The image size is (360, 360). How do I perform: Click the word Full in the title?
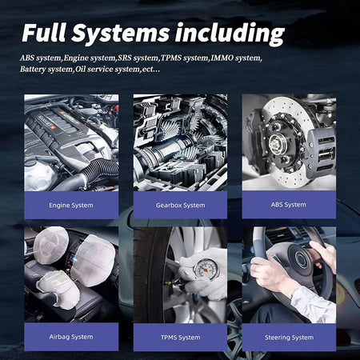[x=44, y=33]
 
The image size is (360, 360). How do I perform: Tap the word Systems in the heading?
[x=120, y=33]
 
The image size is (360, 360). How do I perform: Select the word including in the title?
[x=230, y=34]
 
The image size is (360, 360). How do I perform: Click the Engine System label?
[x=71, y=206]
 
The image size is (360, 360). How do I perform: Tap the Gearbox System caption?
[x=181, y=206]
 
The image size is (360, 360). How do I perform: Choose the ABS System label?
[x=289, y=205]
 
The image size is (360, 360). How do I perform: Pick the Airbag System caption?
[x=71, y=337]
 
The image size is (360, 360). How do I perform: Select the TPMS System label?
[x=181, y=338]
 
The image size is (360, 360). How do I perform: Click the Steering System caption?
[x=289, y=338]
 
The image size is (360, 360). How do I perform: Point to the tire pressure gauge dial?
[x=206, y=269]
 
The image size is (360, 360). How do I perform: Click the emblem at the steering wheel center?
[x=302, y=258]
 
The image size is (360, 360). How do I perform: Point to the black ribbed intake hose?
[x=101, y=170]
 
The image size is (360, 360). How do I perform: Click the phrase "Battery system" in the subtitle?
[x=46, y=69]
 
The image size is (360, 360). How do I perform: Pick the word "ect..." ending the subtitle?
[x=151, y=70]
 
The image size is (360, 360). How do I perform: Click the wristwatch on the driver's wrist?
[x=294, y=293]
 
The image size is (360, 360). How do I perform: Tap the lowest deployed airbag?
[x=58, y=290]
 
